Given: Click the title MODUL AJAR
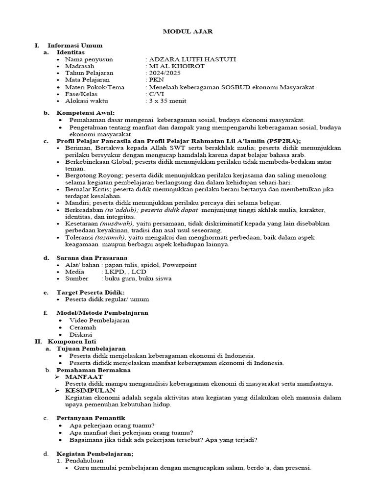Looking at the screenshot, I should pyautogui.click(x=188, y=31).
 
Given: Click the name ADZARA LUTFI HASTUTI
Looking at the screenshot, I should pyautogui.click(x=192, y=59).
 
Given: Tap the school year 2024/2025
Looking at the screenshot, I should pyautogui.click(x=164, y=73).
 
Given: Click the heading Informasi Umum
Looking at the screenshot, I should pyautogui.click(x=75, y=46).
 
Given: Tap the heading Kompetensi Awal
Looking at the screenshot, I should pyautogui.click(x=84, y=113).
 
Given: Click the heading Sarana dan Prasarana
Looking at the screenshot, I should pyautogui.click(x=92, y=258).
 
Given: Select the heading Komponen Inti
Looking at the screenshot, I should pyautogui.click(x=72, y=341).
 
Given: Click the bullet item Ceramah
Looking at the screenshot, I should pyautogui.click(x=82, y=327).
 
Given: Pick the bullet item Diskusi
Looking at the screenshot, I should pyautogui.click(x=81, y=334).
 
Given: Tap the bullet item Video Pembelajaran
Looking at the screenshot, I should pyautogui.click(x=99, y=320).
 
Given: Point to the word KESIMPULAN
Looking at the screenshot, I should pyautogui.click(x=91, y=390).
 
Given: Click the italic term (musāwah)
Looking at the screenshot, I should pyautogui.click(x=117, y=224).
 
